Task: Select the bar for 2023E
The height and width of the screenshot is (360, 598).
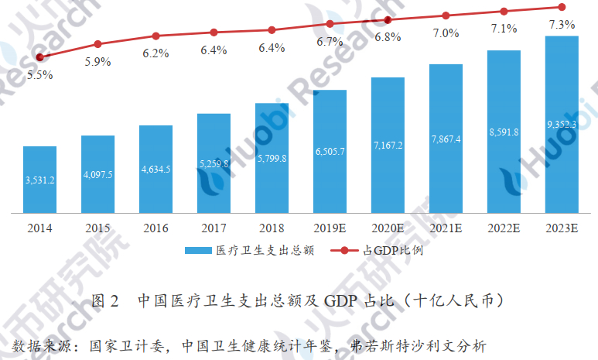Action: [562, 124]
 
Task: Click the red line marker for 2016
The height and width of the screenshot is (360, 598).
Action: [155, 36]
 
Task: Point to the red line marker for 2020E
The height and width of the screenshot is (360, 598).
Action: [388, 19]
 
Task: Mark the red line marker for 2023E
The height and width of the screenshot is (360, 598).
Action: [562, 7]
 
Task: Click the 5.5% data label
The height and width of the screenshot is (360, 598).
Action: [39, 75]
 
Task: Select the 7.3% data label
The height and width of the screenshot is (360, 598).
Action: [561, 26]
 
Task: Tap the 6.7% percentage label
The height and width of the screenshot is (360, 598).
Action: [330, 41]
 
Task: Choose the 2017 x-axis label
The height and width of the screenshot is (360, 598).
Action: [214, 228]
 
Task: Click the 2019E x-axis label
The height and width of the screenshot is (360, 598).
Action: [330, 228]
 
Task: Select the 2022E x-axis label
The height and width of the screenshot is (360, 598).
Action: [504, 228]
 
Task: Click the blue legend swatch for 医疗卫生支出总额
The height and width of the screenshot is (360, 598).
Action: [198, 251]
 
